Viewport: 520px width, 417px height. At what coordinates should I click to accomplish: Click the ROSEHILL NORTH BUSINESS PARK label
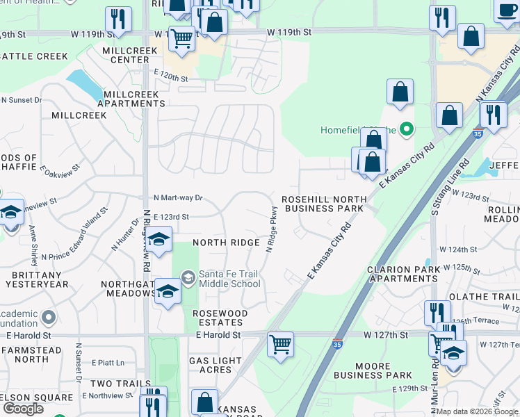coord(323,204)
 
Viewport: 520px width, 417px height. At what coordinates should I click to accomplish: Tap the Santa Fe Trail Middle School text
coord(229,279)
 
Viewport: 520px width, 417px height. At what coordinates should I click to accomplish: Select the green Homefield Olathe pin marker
coord(407,129)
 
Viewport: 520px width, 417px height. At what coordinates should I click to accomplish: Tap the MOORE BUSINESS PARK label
coord(373,370)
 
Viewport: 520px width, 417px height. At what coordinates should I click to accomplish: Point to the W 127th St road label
coord(386,334)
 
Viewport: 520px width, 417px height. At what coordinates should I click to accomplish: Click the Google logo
coord(23,409)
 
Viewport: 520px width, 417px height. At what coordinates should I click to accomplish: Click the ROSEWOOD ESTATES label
coord(220,318)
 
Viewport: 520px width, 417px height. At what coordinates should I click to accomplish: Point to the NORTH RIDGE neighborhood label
coord(226,243)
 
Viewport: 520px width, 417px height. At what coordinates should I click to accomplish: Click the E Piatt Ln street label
coord(108,362)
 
